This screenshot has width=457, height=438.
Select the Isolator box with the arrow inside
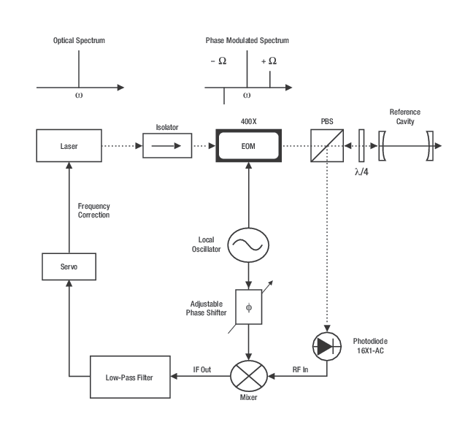tap(166, 146)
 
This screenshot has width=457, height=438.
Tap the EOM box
tap(248, 146)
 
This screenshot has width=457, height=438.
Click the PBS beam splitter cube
tap(328, 146)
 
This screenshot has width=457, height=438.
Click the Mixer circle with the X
tap(248, 377)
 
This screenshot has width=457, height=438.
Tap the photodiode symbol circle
tap(328, 346)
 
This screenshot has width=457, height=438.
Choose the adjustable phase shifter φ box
tap(248, 307)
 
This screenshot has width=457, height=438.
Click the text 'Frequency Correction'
tap(94, 211)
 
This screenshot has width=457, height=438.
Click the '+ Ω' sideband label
tap(269, 61)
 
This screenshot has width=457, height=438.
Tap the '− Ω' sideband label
tap(218, 61)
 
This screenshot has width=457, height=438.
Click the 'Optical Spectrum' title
tap(80, 41)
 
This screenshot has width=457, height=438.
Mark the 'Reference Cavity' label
tap(404, 116)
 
